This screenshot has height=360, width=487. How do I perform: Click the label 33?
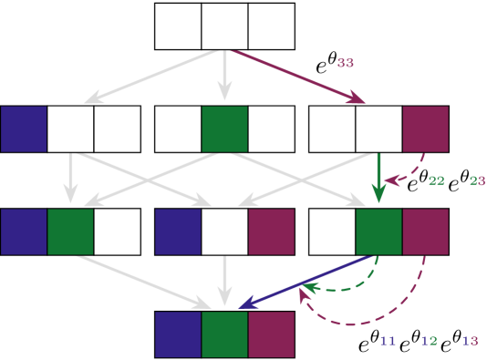coord(345,63)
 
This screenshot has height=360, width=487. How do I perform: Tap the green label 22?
coord(436,180)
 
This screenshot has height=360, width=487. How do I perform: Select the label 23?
coord(477,180)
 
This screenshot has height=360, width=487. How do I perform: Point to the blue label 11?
coord(388,341)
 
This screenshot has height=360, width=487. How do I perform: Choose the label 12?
coord(429,341)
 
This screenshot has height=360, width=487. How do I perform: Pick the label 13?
coord(470,341)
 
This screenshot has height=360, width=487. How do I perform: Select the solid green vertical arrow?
coord(378,178)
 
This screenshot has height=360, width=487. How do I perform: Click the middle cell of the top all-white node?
coord(224,26)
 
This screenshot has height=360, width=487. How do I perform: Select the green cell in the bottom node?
coord(224,334)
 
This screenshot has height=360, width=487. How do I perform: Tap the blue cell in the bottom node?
coord(178,334)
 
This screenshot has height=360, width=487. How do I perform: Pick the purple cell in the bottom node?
coord(271,334)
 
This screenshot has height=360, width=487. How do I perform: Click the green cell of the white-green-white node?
coord(224,129)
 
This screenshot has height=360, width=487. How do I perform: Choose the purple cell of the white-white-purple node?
coord(425,129)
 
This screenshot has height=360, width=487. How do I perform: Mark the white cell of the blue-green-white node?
coord(117,231)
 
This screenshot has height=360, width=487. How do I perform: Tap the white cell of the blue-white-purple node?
coord(224,231)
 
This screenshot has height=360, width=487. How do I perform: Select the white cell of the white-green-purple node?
coord(332,231)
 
